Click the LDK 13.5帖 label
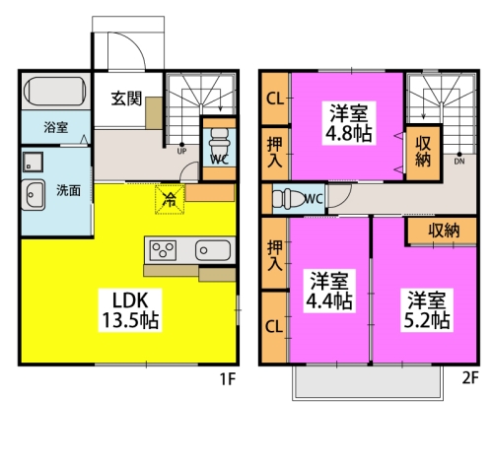[x=130, y=307]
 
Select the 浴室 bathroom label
[x=55, y=127]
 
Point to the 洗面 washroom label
[x=68, y=189]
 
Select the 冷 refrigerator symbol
[x=169, y=199]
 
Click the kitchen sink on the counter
[x=213, y=248]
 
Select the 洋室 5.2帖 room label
[x=426, y=307]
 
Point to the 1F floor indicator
[x=228, y=378]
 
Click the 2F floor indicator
[x=468, y=378]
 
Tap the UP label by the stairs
[x=181, y=152]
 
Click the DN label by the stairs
[x=459, y=160]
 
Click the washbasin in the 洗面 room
[x=35, y=194]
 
